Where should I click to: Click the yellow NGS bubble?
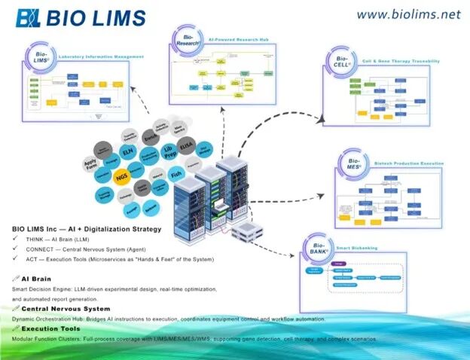point(121,178)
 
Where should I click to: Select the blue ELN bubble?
point(129,153)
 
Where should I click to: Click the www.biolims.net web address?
point(407,14)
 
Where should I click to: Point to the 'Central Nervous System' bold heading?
point(65,309)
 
